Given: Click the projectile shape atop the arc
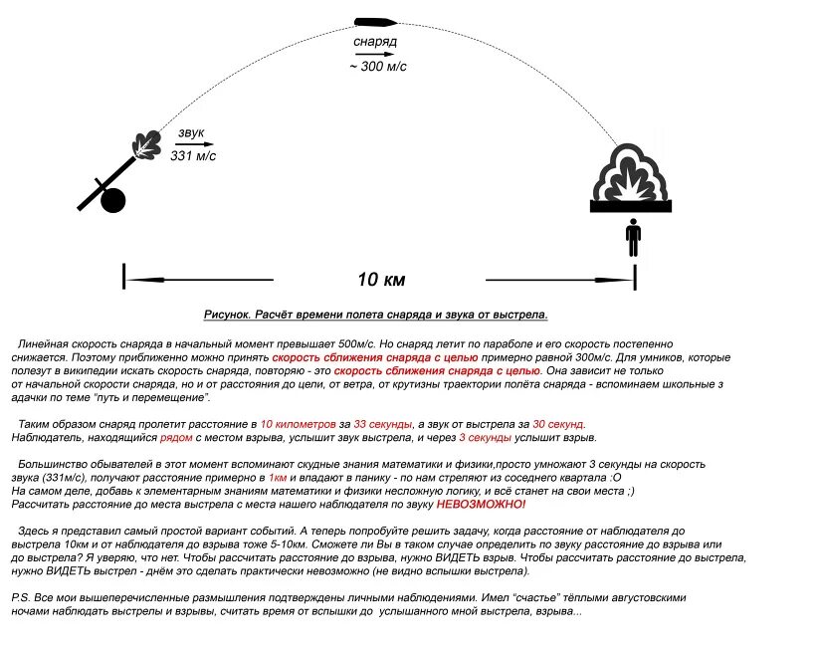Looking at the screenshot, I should pos(377,21).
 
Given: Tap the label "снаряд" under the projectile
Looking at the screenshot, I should pos(375,42).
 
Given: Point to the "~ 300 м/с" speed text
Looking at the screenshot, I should pos(377,66).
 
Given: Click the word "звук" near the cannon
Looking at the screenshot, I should pos(191,132).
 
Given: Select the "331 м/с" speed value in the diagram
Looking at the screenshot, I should pos(193,156).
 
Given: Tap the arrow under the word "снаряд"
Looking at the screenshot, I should pos(375,54).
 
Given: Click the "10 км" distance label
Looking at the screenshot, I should pos(382,279).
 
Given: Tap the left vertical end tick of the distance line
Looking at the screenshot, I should pos(124,276).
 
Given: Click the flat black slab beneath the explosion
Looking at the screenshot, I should pos(631,205).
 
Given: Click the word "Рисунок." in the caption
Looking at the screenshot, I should pos(231,315).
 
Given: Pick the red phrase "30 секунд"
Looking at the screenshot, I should pos(558,424).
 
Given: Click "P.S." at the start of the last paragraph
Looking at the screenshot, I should pos(21,597).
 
